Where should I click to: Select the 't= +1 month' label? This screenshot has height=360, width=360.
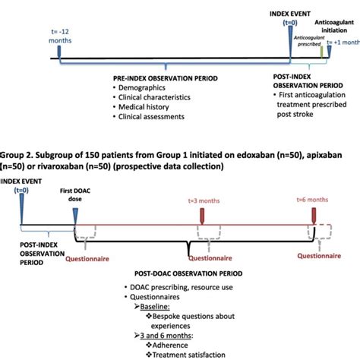point(340,43)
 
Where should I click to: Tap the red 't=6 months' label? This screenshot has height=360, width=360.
point(312,199)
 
